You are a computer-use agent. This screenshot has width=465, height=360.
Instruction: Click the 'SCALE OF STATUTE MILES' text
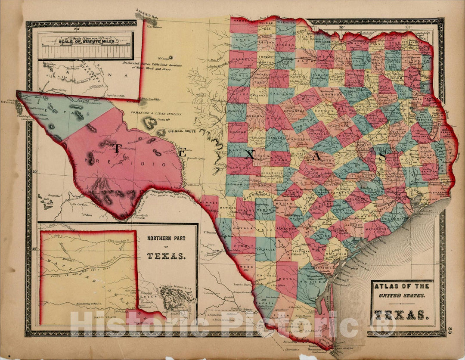coord(85,42)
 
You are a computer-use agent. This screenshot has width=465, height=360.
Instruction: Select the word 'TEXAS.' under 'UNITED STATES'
coord(401,315)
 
